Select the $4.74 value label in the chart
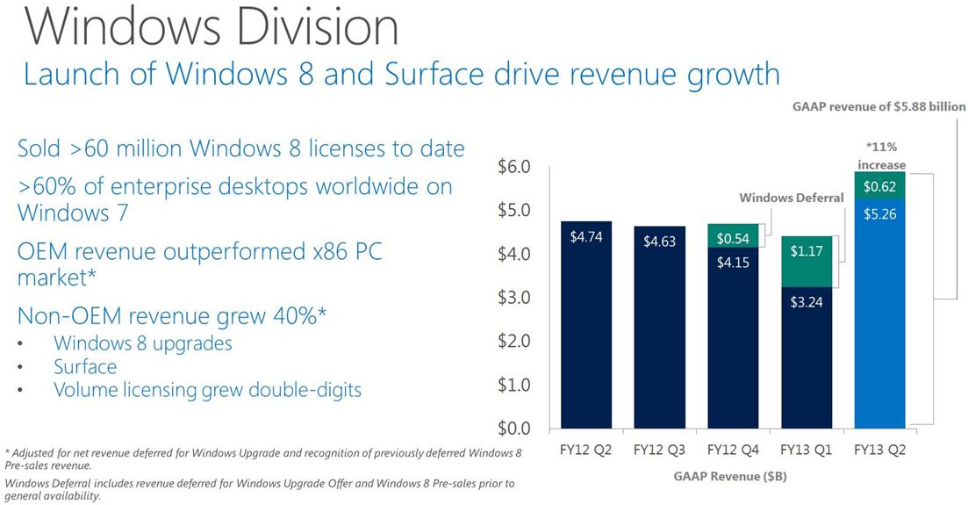(585, 236)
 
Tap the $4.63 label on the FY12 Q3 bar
(659, 241)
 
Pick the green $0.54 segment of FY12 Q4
(733, 237)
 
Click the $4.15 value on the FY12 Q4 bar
(733, 261)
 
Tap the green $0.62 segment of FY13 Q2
(879, 186)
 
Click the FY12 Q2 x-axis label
(585, 451)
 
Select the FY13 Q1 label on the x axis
(807, 451)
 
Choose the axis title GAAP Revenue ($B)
(732, 476)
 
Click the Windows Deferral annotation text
(791, 198)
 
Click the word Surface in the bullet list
(85, 366)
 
